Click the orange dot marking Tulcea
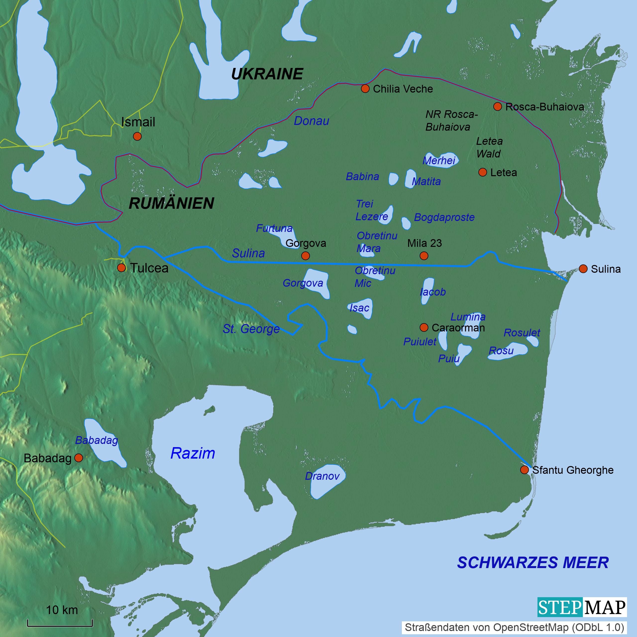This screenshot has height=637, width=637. click(x=121, y=267)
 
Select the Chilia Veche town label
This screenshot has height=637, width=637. click(x=403, y=89)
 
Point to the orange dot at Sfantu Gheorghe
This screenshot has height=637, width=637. click(x=524, y=470)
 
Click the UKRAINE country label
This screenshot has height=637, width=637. click(x=267, y=74)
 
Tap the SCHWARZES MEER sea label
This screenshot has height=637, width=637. click(x=532, y=563)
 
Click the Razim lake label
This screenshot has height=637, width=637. click(x=193, y=453)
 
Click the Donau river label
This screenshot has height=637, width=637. click(x=311, y=121)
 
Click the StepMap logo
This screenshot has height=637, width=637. click(x=582, y=607)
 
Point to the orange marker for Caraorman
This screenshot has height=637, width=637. click(x=424, y=327)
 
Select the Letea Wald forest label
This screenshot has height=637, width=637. click(x=489, y=147)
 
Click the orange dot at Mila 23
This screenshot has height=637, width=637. click(x=424, y=256)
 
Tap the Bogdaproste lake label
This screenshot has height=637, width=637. click(x=444, y=217)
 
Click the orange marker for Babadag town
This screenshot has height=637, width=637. click(x=78, y=458)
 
